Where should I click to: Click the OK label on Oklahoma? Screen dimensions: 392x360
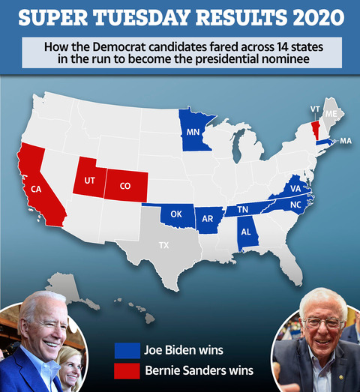point(177,214)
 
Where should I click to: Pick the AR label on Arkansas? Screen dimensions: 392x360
point(209,220)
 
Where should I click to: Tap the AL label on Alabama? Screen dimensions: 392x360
point(246,232)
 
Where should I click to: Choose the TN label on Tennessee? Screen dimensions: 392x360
point(243,209)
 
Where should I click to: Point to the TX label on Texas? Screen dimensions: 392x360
point(163,245)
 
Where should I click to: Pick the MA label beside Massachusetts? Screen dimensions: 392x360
point(345,141)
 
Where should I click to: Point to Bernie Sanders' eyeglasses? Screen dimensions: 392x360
point(322,323)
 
